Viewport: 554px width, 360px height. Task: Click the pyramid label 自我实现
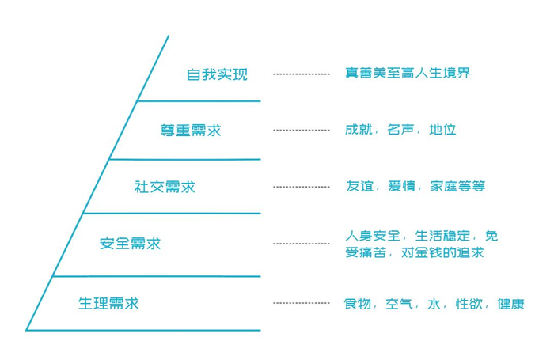pyautogui.click(x=217, y=74)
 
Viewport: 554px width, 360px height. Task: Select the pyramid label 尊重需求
pyautogui.click(x=191, y=131)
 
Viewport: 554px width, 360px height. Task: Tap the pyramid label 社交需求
pyautogui.click(x=165, y=187)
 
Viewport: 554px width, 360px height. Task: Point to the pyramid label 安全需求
pyautogui.click(x=130, y=244)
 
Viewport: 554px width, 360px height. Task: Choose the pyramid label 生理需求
pyautogui.click(x=108, y=303)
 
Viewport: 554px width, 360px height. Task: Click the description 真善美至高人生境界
pyautogui.click(x=408, y=73)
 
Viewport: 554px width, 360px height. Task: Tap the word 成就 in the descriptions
pyautogui.click(x=359, y=130)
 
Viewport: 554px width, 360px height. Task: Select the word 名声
pyautogui.click(x=400, y=130)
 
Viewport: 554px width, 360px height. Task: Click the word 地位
pyautogui.click(x=442, y=130)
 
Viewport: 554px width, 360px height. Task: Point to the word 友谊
pyautogui.click(x=359, y=186)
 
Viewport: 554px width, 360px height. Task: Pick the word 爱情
pyautogui.click(x=401, y=186)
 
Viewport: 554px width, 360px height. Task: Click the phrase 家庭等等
pyautogui.click(x=457, y=186)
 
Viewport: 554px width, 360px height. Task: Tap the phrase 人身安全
pyautogui.click(x=373, y=236)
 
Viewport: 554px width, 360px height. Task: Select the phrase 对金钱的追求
pyautogui.click(x=442, y=252)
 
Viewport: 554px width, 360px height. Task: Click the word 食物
pyautogui.click(x=358, y=304)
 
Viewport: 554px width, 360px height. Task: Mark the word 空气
pyautogui.click(x=399, y=304)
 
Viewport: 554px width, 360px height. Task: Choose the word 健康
pyautogui.click(x=511, y=304)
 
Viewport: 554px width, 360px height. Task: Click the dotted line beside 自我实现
pyautogui.click(x=302, y=74)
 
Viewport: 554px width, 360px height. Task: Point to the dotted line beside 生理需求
pyautogui.click(x=302, y=303)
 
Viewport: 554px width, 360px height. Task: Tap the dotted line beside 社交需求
pyautogui.click(x=302, y=187)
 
